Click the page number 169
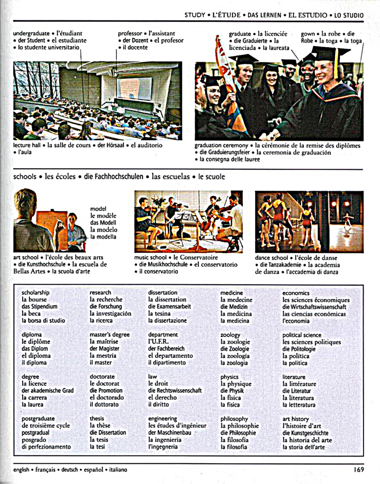pos(358,469)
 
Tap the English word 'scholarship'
pos(35,293)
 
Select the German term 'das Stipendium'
pos(40,306)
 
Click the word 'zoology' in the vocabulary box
pos(231,335)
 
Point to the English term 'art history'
pos(296,419)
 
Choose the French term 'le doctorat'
pos(104,384)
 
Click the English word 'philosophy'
pos(234,419)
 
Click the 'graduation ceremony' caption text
pos(221,146)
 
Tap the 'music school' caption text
pos(150,258)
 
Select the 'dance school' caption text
pos(272,258)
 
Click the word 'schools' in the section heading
pos(25,177)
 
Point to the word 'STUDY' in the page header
pos(195,15)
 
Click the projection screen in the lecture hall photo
pos(135,88)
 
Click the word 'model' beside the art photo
pos(98,208)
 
